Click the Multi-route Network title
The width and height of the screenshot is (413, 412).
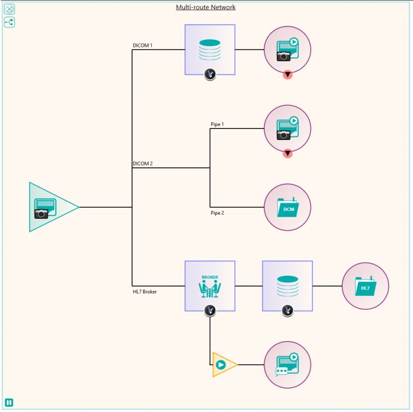[x=205, y=7]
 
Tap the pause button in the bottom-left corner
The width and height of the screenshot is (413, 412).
[x=9, y=402]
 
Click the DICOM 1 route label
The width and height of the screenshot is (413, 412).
[x=143, y=46]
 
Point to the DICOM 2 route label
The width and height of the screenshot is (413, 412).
[x=143, y=164]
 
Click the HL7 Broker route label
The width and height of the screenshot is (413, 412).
[x=145, y=292]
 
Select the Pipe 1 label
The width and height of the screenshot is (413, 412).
[x=217, y=124]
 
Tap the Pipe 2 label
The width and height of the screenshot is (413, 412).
[x=217, y=213]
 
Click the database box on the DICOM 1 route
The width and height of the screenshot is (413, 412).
[x=210, y=49]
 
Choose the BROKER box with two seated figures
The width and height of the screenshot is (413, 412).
[x=210, y=286]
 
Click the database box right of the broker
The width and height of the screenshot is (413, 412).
[x=287, y=286]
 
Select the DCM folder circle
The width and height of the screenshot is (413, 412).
[x=287, y=207]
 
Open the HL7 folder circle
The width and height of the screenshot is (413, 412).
[x=365, y=286]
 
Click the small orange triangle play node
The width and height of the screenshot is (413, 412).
[x=222, y=365]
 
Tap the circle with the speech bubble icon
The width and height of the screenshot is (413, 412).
[x=287, y=365]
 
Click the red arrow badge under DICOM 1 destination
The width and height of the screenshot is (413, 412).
[x=288, y=75]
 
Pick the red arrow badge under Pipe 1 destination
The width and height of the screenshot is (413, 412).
[x=288, y=153]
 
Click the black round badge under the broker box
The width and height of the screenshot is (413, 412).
[x=210, y=310]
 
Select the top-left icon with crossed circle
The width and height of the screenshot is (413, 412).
[x=9, y=9]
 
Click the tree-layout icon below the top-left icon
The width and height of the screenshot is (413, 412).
[x=9, y=22]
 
